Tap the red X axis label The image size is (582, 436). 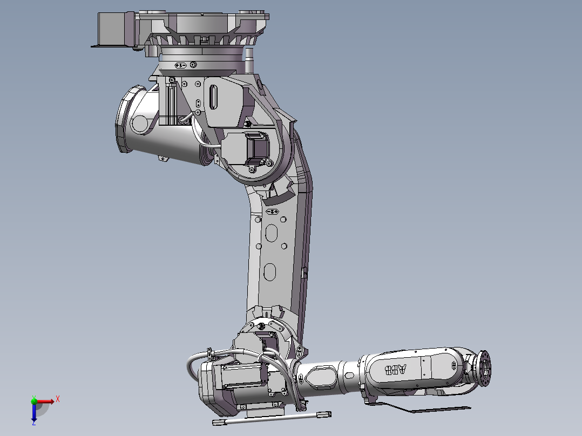coord(58,399)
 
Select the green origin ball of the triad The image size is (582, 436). coord(35,401)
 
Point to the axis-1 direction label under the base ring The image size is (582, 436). coord(181,65)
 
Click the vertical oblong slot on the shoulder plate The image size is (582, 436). coord(213,98)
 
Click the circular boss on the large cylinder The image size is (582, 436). coord(140,124)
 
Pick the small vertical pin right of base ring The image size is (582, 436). coord(249,59)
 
